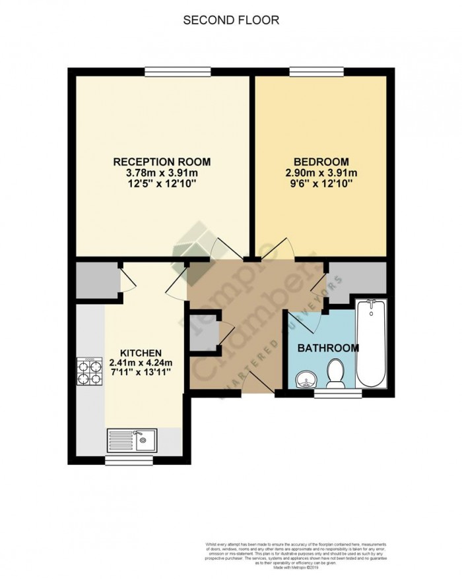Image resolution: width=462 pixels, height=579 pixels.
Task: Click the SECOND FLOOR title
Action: click(231, 20)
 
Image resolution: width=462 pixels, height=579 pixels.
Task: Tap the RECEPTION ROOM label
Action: click(162, 162)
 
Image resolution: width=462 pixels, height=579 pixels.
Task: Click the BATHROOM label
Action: click(327, 348)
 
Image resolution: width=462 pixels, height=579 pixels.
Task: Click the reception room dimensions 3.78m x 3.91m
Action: click(162, 173)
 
